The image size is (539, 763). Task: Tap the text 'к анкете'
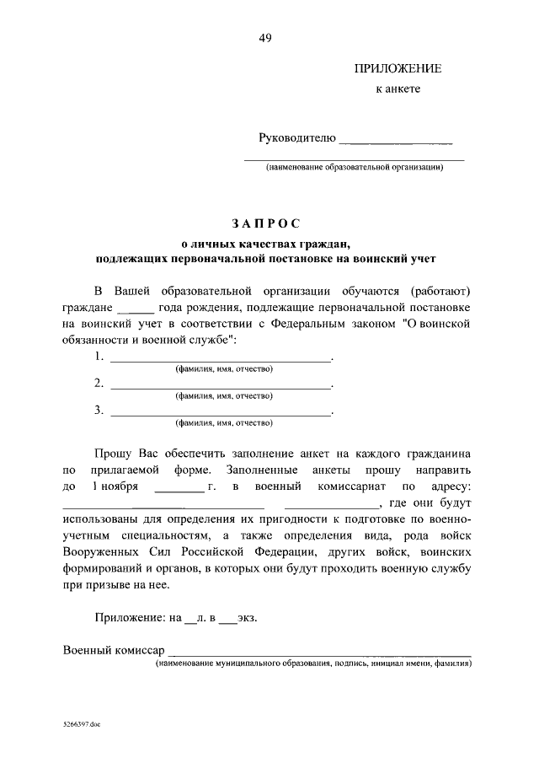(x=397, y=89)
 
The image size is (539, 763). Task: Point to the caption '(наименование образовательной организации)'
(x=355, y=167)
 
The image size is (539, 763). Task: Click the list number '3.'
(x=99, y=411)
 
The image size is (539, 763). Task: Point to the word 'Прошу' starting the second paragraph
(x=113, y=453)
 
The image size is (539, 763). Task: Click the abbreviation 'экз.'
(x=248, y=618)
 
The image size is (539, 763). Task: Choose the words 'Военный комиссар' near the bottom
(x=114, y=650)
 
